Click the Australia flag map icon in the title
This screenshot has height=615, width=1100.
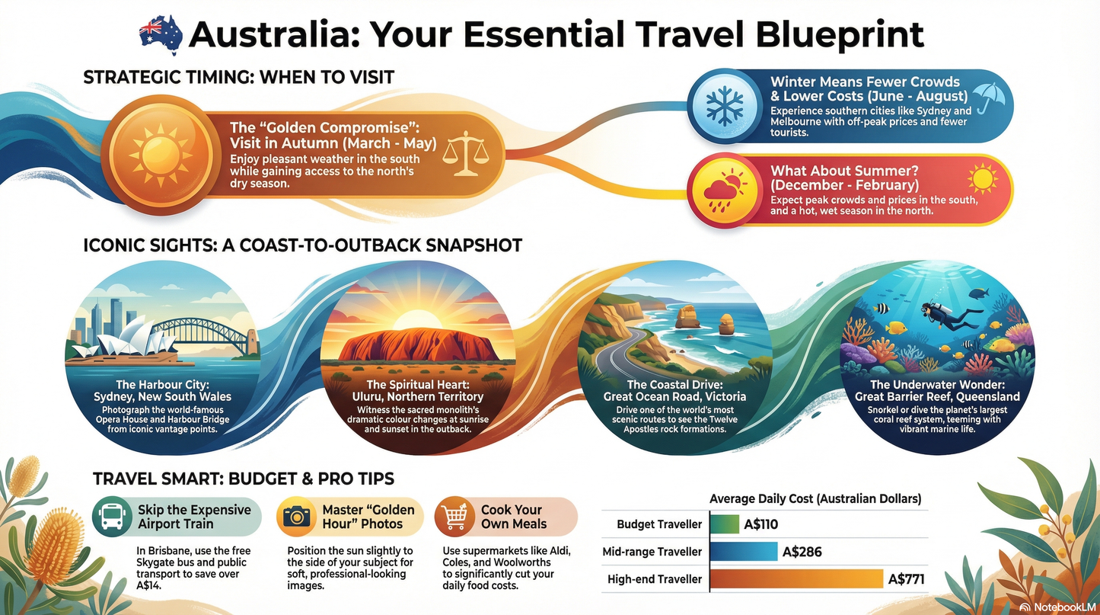161,35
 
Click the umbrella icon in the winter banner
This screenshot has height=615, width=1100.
989,98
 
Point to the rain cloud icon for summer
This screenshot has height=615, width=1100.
719,192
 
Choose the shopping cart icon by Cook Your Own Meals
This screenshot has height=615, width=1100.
455,517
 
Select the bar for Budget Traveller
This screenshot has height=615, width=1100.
724,524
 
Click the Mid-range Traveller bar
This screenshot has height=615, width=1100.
743,552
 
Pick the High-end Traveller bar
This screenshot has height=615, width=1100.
796,579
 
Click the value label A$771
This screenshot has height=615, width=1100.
906,579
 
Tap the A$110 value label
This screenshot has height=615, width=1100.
761,524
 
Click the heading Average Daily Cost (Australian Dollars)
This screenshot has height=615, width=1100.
815,499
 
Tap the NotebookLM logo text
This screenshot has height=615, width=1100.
1063,607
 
